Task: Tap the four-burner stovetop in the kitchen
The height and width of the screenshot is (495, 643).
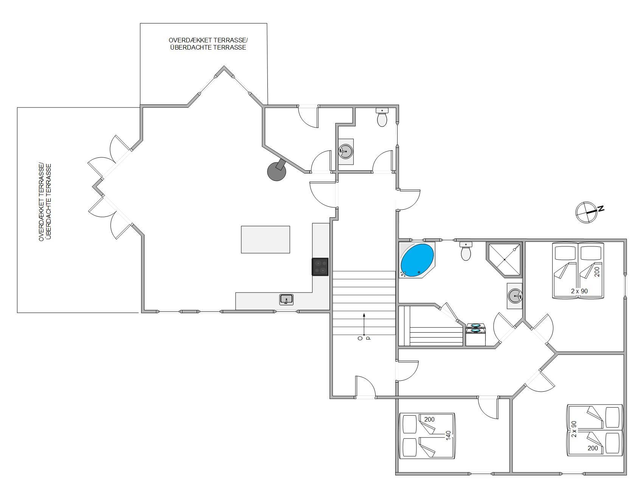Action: (320, 266)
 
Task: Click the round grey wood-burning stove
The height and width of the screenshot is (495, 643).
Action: (277, 170)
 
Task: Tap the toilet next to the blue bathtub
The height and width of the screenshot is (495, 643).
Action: (466, 251)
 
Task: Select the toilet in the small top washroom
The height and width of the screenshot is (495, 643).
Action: (382, 117)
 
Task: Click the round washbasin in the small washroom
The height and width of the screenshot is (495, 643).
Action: (346, 151)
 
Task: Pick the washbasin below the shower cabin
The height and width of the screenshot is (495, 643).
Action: (515, 296)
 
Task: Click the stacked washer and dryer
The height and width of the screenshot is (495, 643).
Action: (476, 334)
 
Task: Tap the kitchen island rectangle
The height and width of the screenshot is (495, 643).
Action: (266, 240)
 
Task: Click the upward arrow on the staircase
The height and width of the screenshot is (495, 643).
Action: (364, 324)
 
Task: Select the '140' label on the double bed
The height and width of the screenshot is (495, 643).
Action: (449, 436)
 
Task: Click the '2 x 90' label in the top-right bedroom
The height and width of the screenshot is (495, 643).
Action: (579, 291)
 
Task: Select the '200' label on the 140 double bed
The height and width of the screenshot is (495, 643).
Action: (429, 419)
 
